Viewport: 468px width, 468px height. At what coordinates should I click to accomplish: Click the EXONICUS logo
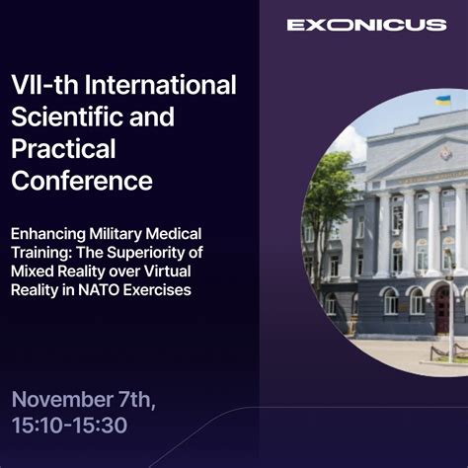(x=366, y=25)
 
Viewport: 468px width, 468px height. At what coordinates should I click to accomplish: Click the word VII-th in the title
(x=42, y=85)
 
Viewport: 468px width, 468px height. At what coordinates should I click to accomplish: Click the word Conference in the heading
(x=81, y=182)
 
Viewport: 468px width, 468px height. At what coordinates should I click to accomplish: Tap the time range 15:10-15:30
(x=69, y=428)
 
